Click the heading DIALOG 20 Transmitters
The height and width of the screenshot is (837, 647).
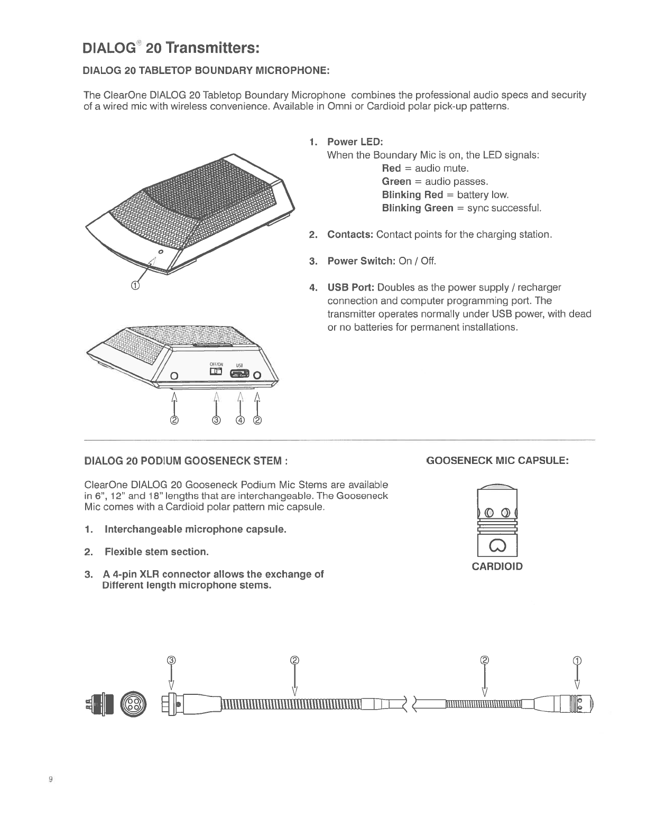pyautogui.click(x=171, y=48)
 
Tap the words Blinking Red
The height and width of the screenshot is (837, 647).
pyautogui.click(x=412, y=194)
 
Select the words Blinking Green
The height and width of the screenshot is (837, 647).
pyautogui.click(x=418, y=208)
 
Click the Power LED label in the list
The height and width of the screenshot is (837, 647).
pyautogui.click(x=355, y=142)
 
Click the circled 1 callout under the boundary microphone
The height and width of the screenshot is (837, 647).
pyautogui.click(x=135, y=286)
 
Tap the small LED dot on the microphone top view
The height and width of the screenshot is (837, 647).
pyautogui.click(x=160, y=252)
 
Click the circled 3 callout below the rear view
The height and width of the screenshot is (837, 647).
pyautogui.click(x=216, y=421)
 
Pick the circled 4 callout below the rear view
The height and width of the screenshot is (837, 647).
pyautogui.click(x=241, y=421)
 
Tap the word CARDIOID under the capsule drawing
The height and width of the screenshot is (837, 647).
pyautogui.click(x=497, y=567)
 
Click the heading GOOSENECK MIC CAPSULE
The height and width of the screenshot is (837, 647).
pyautogui.click(x=497, y=461)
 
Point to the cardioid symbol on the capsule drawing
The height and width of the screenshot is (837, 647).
pyautogui.click(x=497, y=545)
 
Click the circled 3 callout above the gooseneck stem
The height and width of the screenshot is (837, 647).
pyautogui.click(x=171, y=660)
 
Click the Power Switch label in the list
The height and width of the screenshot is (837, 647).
pyautogui.click(x=361, y=261)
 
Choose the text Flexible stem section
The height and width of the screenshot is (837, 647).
pyautogui.click(x=156, y=552)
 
